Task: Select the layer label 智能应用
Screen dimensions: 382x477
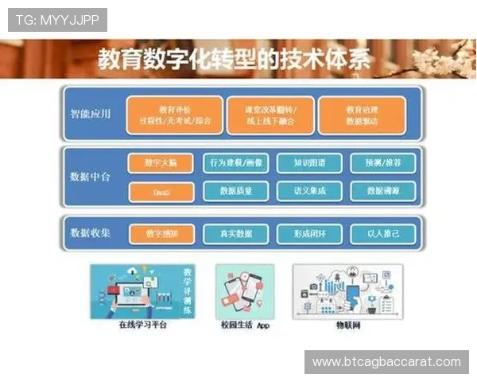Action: click(x=90, y=114)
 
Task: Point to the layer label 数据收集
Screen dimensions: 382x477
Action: click(x=90, y=233)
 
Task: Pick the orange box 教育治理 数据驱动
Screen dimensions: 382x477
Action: click(x=362, y=115)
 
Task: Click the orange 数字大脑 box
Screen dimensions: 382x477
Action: click(x=160, y=163)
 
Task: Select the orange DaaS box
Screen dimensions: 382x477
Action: click(x=160, y=192)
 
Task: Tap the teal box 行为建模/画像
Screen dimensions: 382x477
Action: click(x=235, y=163)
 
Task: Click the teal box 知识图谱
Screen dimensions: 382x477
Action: click(x=308, y=163)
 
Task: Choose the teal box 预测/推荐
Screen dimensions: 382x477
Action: click(x=382, y=163)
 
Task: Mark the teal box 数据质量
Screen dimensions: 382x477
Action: click(x=235, y=192)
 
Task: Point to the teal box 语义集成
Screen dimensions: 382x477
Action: click(x=308, y=192)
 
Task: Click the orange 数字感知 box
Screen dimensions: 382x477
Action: click(x=160, y=234)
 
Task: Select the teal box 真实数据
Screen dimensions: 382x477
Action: click(x=235, y=234)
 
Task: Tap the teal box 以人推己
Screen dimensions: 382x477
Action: click(x=382, y=234)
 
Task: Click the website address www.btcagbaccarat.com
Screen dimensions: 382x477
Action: click(x=386, y=362)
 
